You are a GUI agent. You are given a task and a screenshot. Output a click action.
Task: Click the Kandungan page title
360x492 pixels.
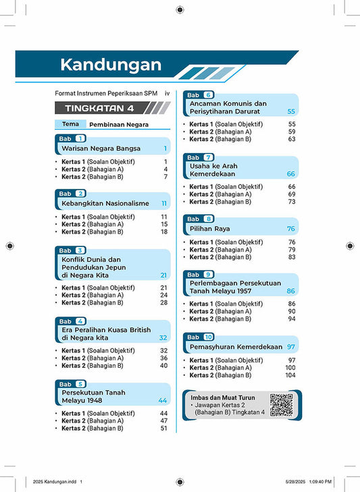click(x=111, y=65)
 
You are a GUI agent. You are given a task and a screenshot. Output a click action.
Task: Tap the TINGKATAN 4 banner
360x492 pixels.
click(x=100, y=108)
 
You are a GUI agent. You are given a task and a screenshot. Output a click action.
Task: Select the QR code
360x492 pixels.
click(x=281, y=404)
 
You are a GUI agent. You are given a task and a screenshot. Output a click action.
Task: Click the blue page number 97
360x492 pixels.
click(x=292, y=347)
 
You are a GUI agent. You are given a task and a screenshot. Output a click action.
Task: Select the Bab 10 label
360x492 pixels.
click(x=200, y=337)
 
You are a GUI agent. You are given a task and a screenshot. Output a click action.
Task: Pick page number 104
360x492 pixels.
click(x=290, y=375)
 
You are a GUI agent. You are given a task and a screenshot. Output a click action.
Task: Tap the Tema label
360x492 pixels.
click(x=70, y=124)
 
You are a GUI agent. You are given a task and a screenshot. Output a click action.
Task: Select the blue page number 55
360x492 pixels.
click(x=292, y=111)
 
